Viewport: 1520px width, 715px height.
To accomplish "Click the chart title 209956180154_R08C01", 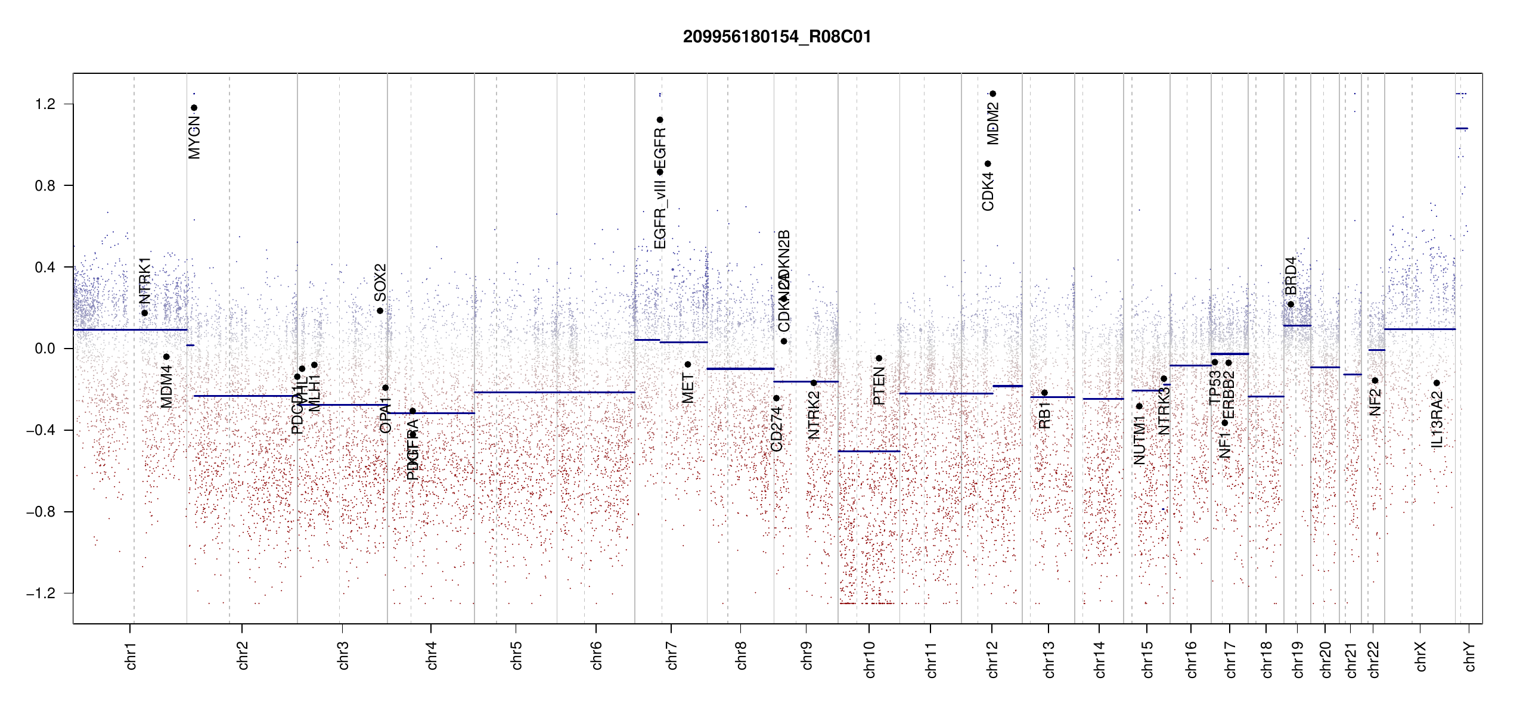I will tap(777, 37).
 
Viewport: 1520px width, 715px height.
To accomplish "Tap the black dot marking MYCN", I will tap(194, 108).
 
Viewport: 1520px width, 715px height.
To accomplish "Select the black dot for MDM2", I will tap(992, 94).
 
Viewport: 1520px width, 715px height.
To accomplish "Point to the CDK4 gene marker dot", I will tap(988, 164).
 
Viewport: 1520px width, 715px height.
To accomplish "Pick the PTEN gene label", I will tap(879, 386).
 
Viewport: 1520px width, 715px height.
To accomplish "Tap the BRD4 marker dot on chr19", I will tap(1291, 304).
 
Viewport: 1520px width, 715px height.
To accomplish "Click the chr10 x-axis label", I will tap(869, 660).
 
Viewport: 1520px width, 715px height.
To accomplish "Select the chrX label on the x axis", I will tap(1420, 657).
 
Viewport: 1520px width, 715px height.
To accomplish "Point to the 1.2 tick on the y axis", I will tap(45, 104).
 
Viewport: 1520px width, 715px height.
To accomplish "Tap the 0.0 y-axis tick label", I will tap(45, 349).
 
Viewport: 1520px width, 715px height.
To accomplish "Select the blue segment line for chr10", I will tap(868, 452).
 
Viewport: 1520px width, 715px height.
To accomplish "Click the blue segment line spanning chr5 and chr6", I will tap(554, 392).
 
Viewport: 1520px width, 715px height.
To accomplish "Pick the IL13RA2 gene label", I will tap(1437, 419).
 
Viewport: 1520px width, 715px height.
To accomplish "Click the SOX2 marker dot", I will tap(380, 311).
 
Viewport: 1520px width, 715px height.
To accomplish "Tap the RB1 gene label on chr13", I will tap(1044, 415).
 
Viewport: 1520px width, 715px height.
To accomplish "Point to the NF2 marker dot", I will tap(1375, 381).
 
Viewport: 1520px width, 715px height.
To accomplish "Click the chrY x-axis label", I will tap(1469, 657).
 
